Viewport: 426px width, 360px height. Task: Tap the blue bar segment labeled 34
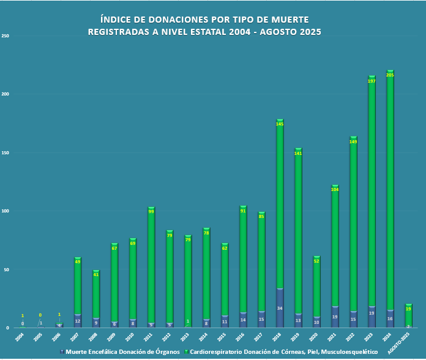point(280,308)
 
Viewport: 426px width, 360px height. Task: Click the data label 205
point(390,75)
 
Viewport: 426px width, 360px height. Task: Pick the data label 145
point(280,124)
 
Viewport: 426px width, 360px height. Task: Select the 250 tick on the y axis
point(6,36)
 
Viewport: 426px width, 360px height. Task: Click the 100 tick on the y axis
point(6,211)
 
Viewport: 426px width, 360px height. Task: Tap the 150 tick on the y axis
point(6,153)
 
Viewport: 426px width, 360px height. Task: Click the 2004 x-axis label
point(20,336)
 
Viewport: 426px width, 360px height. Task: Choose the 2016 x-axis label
point(241,336)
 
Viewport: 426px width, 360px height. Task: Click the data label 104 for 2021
point(335,190)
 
